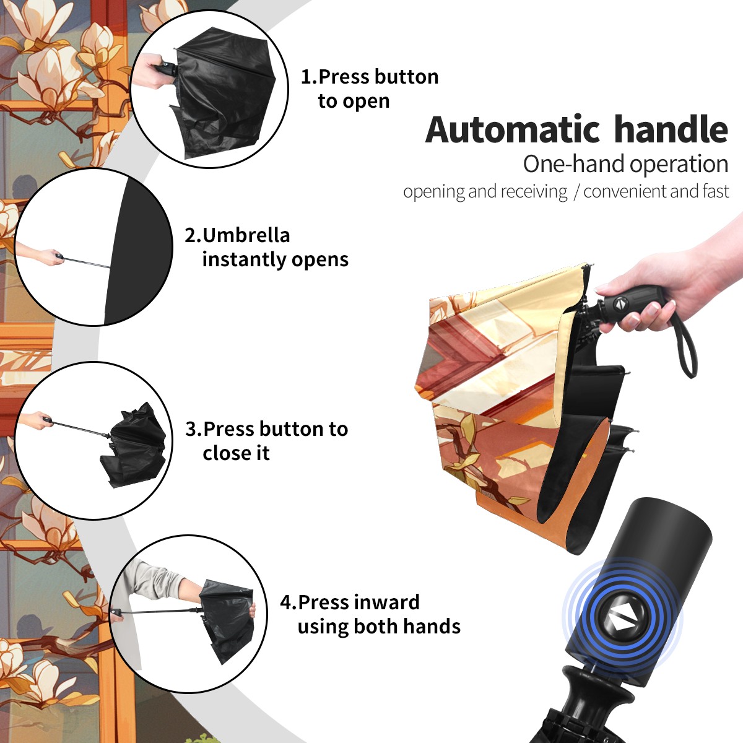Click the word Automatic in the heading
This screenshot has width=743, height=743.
(x=513, y=129)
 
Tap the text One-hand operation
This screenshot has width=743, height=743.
(x=625, y=164)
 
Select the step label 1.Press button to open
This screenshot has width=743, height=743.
(x=370, y=89)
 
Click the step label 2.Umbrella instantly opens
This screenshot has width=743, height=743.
(x=266, y=247)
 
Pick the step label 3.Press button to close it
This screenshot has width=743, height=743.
(x=266, y=441)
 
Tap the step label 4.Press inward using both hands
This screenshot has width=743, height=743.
(x=370, y=614)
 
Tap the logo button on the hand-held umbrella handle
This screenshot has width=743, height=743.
(x=620, y=303)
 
